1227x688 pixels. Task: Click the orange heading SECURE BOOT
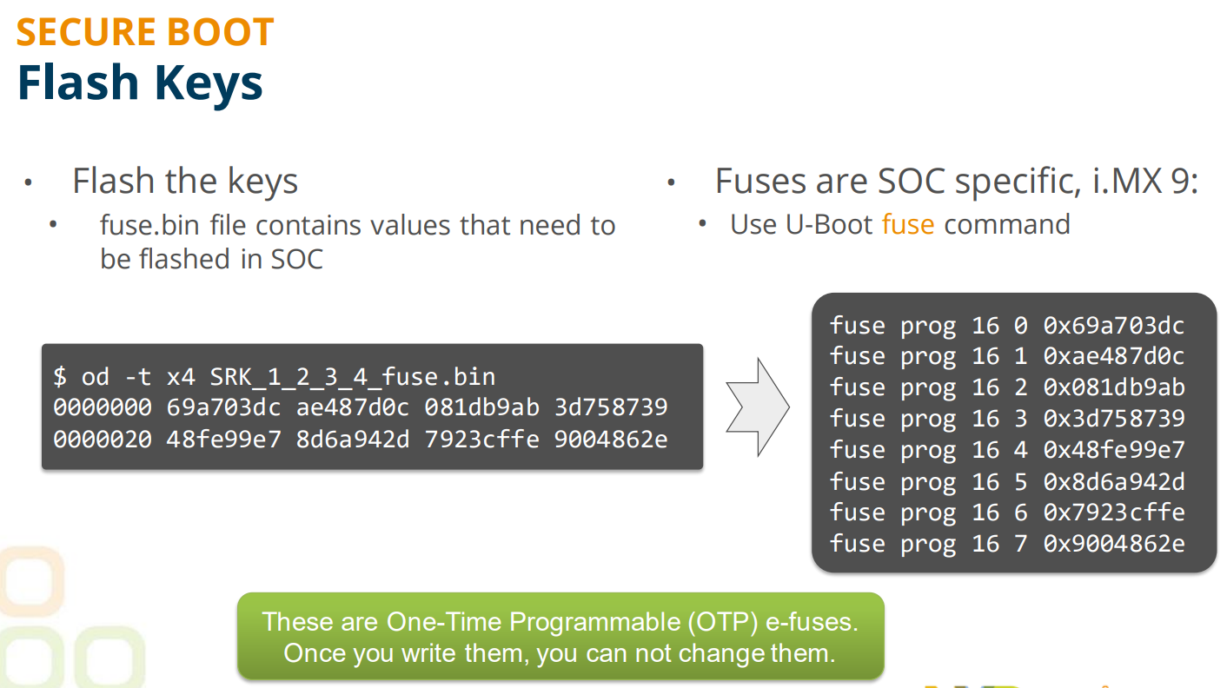145,32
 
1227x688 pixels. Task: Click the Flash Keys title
140,83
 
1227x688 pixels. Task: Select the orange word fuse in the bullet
908,225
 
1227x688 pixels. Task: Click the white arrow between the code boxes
758,407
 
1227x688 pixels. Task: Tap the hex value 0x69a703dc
1114,326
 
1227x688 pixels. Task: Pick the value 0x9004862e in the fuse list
1114,544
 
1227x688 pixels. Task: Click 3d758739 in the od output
611,407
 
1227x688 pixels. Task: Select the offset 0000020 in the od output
103,440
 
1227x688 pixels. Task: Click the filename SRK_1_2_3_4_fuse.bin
353,377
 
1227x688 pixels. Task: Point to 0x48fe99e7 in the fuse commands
1114,450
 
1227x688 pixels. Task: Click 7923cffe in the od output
482,440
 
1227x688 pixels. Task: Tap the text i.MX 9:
1144,181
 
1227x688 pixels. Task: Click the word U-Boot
828,225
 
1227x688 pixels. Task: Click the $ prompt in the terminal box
60,377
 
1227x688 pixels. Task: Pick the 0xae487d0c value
1114,356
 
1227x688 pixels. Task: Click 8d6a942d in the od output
353,440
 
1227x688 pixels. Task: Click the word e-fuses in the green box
812,622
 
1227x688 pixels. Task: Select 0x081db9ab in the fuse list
1114,387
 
